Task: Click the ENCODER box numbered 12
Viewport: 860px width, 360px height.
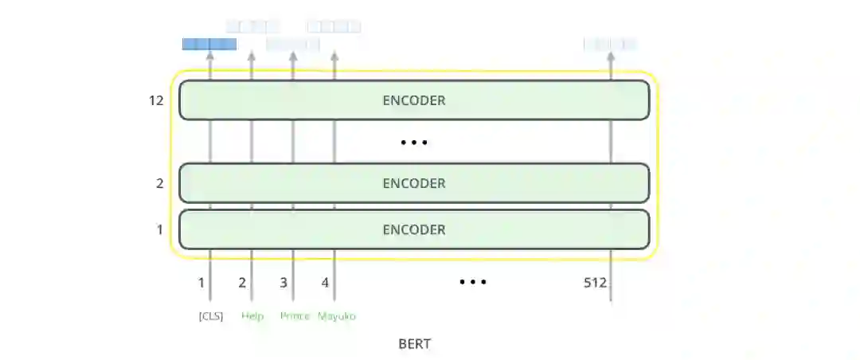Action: pos(414,100)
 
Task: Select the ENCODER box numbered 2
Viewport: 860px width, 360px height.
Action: pos(414,183)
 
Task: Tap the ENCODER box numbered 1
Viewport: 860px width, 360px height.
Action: pos(414,229)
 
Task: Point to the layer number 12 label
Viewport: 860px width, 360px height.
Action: pos(156,101)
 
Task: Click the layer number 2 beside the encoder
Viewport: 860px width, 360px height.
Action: pos(159,183)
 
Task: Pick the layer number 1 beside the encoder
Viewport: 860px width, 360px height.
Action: pos(159,229)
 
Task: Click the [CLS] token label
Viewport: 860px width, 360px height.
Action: pos(211,316)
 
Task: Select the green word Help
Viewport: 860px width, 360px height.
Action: pos(252,316)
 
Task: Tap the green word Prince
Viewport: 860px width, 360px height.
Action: pos(295,316)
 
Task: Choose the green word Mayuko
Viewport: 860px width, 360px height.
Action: pos(336,316)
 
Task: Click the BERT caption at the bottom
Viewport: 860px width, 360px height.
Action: pos(414,344)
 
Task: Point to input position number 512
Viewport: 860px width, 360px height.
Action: pos(594,282)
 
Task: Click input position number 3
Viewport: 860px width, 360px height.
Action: pos(283,282)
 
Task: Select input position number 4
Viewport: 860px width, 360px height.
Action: pos(325,282)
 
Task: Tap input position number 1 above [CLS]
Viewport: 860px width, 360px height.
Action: pos(201,282)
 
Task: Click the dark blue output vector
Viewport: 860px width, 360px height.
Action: pos(209,44)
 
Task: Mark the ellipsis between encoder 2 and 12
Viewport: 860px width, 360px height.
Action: pos(414,143)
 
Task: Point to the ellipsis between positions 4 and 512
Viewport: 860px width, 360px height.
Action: pos(472,282)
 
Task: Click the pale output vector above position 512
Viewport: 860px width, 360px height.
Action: pos(610,44)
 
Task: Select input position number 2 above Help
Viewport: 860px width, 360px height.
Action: pos(242,282)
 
